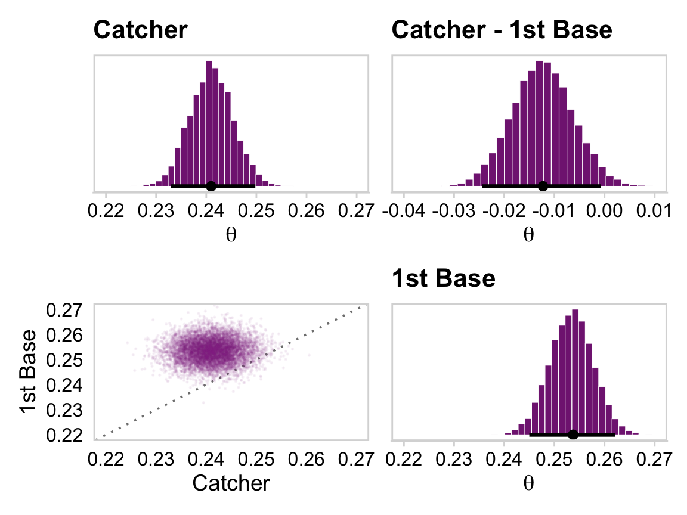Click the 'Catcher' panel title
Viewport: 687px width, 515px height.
141,30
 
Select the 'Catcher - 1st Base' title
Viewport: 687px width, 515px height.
502,30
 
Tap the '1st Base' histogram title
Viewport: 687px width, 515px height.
443,279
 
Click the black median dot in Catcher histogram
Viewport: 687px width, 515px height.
211,186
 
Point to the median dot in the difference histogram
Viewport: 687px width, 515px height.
543,186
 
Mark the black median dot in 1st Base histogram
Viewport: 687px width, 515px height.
572,434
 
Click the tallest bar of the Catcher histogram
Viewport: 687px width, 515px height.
209,122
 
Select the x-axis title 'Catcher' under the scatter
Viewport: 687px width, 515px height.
231,483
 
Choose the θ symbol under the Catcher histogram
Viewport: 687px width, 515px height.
231,235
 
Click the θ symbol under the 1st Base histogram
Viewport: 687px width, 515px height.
528,483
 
